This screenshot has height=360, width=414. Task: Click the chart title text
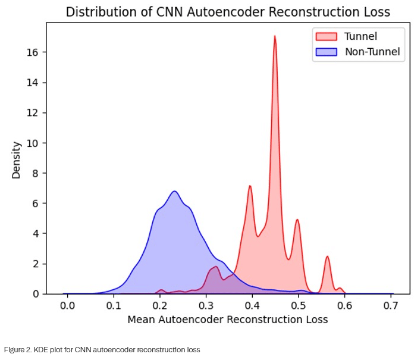(x=228, y=11)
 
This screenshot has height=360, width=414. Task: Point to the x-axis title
(x=227, y=320)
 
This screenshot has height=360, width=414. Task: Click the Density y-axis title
(x=17, y=159)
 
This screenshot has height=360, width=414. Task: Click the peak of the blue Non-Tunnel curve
(x=174, y=191)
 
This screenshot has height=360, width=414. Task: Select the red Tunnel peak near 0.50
(x=297, y=220)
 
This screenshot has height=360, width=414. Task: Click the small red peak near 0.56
(x=327, y=256)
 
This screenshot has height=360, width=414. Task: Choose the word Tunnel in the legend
(x=360, y=36)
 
